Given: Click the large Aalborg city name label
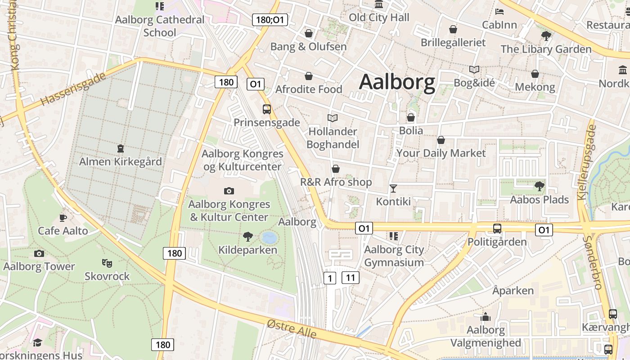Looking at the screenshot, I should (x=397, y=82).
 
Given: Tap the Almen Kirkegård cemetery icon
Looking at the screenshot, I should (x=120, y=148).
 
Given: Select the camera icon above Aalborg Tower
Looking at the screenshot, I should (x=39, y=253).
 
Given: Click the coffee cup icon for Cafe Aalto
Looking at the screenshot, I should (x=63, y=218).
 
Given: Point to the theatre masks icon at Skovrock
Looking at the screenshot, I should (x=107, y=263).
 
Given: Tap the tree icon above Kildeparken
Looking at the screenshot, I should (x=247, y=236).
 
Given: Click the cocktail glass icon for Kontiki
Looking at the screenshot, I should (x=393, y=188).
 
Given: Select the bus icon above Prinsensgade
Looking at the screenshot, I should (x=266, y=109).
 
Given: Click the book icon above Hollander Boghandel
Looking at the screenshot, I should (x=333, y=118).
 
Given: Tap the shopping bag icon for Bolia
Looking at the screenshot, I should (x=410, y=117).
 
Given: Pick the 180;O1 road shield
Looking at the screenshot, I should (x=270, y=19).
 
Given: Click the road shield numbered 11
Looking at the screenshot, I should (x=351, y=278).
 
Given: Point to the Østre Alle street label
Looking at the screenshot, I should (x=292, y=329).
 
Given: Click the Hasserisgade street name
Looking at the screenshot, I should (x=73, y=89).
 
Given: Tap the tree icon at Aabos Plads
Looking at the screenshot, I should (x=539, y=186).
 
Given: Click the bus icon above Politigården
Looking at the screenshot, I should (x=497, y=228).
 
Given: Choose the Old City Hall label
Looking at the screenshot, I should (x=379, y=18).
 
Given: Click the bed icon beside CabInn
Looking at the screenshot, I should (x=499, y=11).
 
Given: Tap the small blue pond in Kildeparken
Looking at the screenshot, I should (x=269, y=237).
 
